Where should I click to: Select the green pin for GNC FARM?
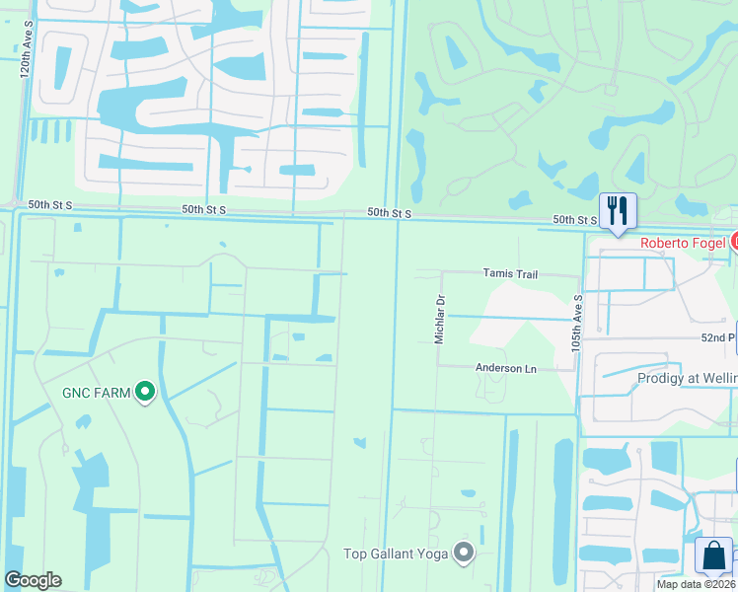[145, 393]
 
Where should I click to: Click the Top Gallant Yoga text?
[396, 554]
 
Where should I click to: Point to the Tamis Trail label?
[509, 273]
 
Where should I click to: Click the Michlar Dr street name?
[440, 318]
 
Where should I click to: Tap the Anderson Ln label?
[505, 368]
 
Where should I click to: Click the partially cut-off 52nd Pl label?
[720, 336]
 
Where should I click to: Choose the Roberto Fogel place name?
[683, 243]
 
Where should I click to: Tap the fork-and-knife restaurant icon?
[618, 210]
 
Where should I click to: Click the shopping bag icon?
[713, 555]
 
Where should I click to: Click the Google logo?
[33, 580]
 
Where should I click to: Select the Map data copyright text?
[696, 583]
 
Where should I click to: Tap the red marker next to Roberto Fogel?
[734, 242]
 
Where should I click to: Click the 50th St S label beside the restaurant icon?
[574, 219]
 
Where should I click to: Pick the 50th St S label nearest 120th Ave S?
[51, 204]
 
